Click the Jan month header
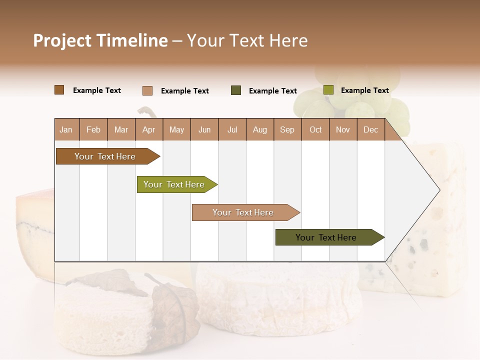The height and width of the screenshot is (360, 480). pos(66,129)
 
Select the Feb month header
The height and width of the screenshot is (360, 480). pos(93,129)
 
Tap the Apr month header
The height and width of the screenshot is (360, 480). pos(148,129)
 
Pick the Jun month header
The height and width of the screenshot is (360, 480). pos(204,129)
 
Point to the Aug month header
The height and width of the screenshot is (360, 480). pos(260,129)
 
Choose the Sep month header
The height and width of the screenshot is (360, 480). pos(287,129)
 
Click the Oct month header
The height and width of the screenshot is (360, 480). pos(315,129)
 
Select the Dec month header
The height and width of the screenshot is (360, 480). pos(370,129)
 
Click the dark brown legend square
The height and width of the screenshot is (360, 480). pos(59,90)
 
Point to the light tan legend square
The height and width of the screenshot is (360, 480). pos(147,90)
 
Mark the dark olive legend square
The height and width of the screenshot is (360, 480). pos(236,90)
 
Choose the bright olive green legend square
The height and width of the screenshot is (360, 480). pos(328,90)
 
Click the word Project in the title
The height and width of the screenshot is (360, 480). pos(62,40)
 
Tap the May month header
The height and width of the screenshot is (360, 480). pos(176,129)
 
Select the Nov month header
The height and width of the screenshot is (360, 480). pos(343,129)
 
